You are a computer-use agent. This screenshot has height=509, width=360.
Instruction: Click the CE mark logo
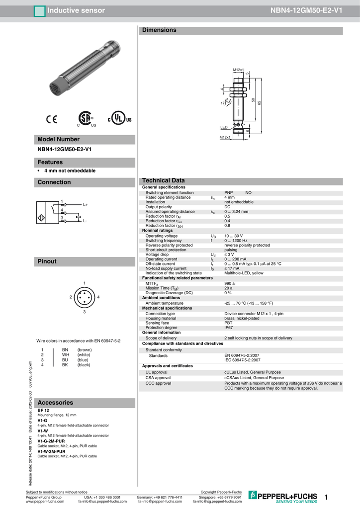coord(52,119)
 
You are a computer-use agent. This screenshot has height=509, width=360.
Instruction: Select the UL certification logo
coord(120,119)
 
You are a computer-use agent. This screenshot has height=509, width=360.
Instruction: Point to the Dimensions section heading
coord(159,30)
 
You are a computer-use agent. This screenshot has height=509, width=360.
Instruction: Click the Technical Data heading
coord(164,180)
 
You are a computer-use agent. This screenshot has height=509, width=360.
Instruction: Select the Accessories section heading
coord(55,403)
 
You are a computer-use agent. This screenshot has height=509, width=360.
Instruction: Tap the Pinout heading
coord(47,261)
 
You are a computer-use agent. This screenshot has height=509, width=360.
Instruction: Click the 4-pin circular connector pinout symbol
coord(85,297)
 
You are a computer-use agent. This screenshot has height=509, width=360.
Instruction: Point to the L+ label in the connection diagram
coord(86,204)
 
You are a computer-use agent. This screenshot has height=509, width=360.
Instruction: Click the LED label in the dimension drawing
coord(224,128)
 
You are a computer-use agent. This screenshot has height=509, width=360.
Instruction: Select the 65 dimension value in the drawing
coord(259,102)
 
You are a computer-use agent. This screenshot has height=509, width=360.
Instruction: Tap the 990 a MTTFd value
coord(229,283)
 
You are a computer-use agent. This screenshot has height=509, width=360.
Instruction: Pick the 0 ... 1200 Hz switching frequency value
coord(236,241)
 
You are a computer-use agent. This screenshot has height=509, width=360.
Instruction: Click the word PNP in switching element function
coord(229,192)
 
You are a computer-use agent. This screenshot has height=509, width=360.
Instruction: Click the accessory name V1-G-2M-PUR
coord(51,441)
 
